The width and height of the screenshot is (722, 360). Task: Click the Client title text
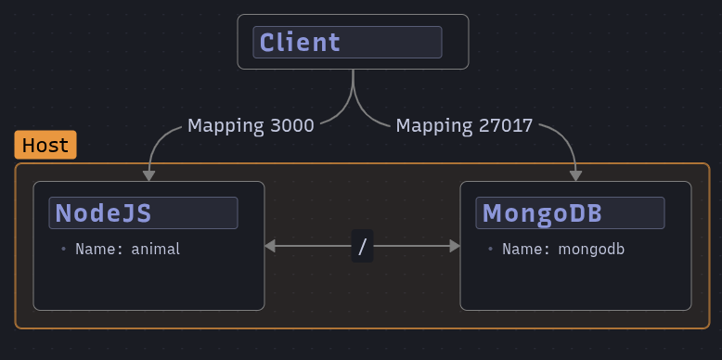pyautogui.click(x=300, y=42)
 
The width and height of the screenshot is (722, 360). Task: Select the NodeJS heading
pyautogui.click(x=103, y=212)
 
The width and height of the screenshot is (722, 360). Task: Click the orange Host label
pyautogui.click(x=45, y=146)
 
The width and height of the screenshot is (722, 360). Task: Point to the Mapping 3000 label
pyautogui.click(x=251, y=124)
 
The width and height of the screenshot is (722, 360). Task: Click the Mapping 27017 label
pyautogui.click(x=464, y=124)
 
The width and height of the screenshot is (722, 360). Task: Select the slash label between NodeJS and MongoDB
pyautogui.click(x=363, y=246)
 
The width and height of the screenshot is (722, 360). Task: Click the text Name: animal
pyautogui.click(x=127, y=249)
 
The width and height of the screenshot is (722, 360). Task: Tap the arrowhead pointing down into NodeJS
pyautogui.click(x=148, y=175)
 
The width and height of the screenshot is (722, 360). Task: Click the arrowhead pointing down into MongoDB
pyautogui.click(x=576, y=175)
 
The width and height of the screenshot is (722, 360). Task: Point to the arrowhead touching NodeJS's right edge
pyautogui.click(x=270, y=246)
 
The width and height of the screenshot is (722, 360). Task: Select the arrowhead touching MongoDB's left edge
pyautogui.click(x=455, y=246)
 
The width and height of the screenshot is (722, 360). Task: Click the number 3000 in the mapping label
pyautogui.click(x=291, y=124)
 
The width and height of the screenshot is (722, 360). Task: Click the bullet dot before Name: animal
pyautogui.click(x=63, y=249)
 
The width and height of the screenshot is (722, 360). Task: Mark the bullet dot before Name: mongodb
pyautogui.click(x=490, y=249)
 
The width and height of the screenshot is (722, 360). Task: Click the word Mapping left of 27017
pyautogui.click(x=430, y=124)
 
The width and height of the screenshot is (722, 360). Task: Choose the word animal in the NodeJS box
pyautogui.click(x=155, y=249)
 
